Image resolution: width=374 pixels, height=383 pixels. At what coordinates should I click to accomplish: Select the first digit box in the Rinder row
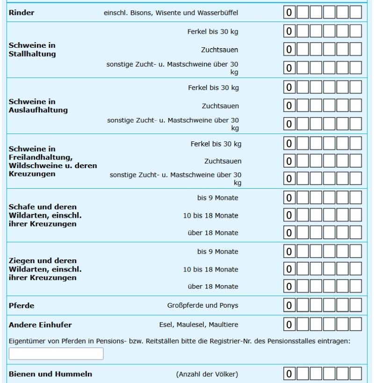pyautogui.click(x=290, y=12)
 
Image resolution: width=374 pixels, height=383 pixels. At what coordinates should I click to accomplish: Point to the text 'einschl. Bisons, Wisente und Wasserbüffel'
pyautogui.click(x=171, y=13)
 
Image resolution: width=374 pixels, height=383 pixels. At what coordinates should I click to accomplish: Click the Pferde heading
pyautogui.click(x=22, y=306)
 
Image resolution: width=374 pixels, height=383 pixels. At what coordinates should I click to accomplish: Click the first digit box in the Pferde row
pyautogui.click(x=290, y=306)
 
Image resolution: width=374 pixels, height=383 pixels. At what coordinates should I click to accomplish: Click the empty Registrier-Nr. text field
pyautogui.click(x=56, y=354)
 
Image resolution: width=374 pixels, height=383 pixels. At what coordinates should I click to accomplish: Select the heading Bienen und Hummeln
pyautogui.click(x=50, y=374)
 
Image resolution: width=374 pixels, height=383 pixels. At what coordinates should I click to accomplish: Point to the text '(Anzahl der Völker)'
pyautogui.click(x=207, y=374)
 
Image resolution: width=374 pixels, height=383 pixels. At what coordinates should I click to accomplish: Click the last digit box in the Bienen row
pyautogui.click(x=356, y=374)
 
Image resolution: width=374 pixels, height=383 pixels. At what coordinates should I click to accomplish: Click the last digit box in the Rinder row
pyautogui.click(x=356, y=12)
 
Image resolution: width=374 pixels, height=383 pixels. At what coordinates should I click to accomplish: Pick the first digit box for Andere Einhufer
pyautogui.click(x=290, y=324)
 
